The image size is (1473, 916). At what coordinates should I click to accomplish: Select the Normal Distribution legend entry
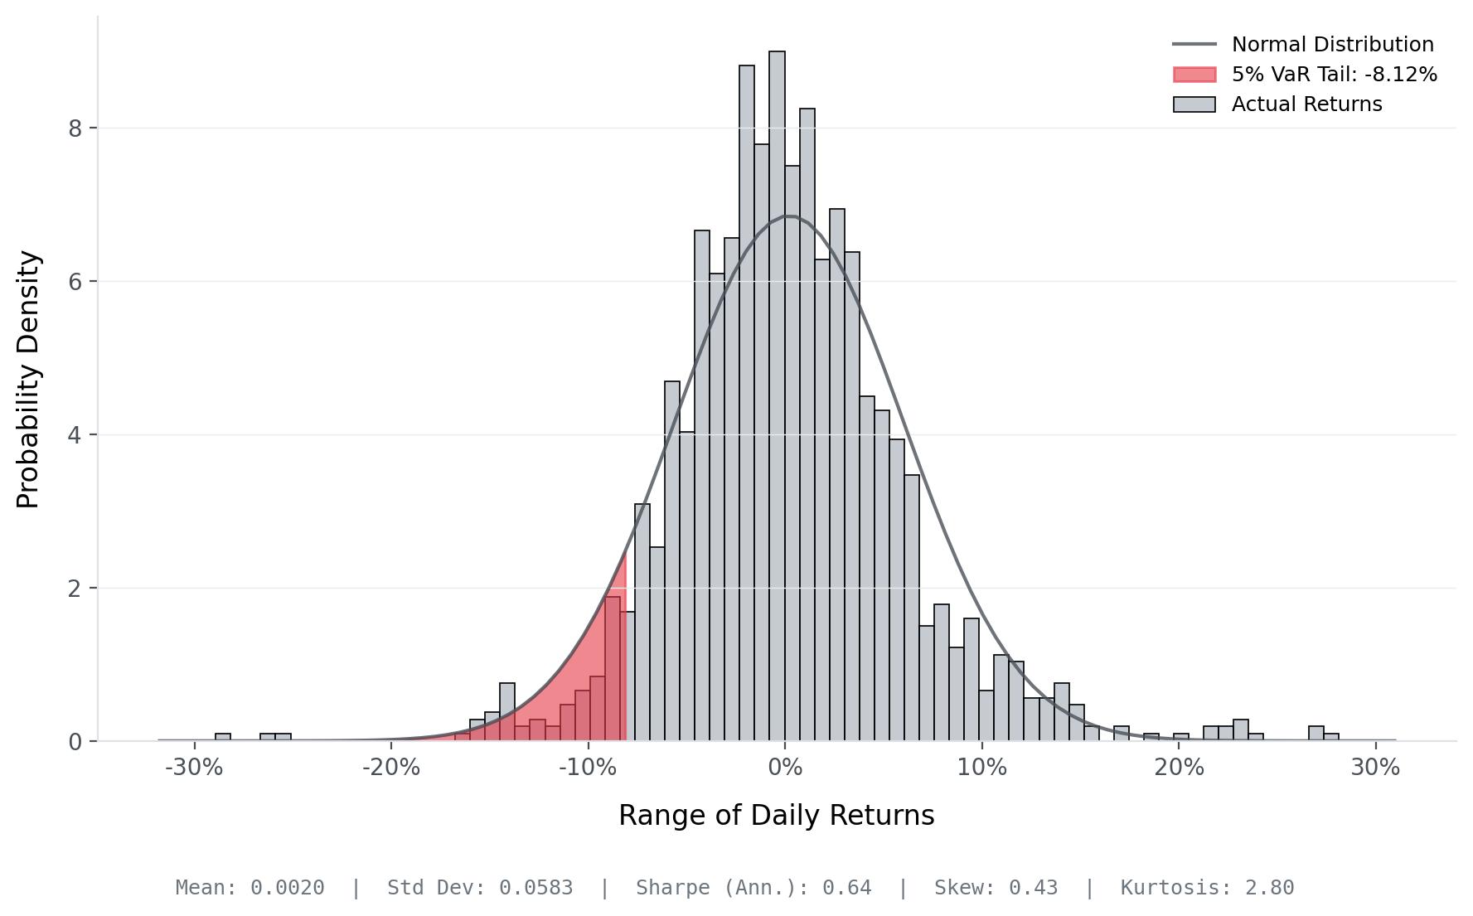click(x=1332, y=45)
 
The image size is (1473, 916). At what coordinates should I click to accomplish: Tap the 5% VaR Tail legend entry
click(x=1334, y=75)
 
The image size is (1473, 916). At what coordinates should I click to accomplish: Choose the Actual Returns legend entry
click(x=1306, y=104)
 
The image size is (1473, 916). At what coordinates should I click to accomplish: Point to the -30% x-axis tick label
click(x=194, y=768)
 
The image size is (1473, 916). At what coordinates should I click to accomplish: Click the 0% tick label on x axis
click(x=785, y=768)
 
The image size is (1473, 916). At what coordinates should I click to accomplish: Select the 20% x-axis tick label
click(x=1179, y=768)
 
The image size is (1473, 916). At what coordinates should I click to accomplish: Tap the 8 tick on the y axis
click(x=76, y=128)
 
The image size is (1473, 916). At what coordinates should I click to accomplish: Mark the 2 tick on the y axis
click(x=76, y=589)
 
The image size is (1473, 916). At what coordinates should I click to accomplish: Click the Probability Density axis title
click(x=28, y=380)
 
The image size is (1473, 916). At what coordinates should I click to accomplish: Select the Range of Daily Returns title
click(x=776, y=816)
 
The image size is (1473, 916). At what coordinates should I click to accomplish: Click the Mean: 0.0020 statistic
click(x=250, y=888)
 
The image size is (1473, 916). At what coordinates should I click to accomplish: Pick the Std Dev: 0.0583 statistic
click(x=480, y=888)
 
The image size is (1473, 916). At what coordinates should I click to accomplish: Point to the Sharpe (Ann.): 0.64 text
click(x=753, y=888)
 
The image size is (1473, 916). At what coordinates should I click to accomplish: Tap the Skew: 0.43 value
click(x=996, y=888)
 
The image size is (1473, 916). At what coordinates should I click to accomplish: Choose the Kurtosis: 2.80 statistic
click(x=1207, y=888)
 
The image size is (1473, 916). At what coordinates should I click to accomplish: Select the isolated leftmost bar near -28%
click(x=223, y=737)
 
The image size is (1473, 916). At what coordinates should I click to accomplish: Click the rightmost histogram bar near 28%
click(x=1330, y=737)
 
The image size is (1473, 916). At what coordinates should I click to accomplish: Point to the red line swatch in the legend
click(x=1194, y=75)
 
